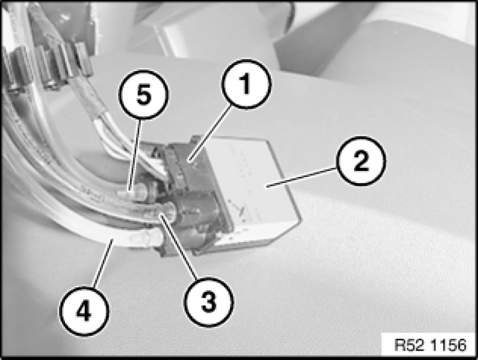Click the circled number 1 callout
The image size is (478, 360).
pyautogui.click(x=246, y=84)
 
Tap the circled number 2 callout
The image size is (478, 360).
pyautogui.click(x=361, y=161)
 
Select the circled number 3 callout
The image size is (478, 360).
pyautogui.click(x=209, y=302)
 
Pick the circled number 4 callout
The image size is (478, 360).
pyautogui.click(x=84, y=311)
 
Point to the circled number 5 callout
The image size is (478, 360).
pyautogui.click(x=143, y=95)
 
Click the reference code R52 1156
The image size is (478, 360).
pyautogui.click(x=430, y=345)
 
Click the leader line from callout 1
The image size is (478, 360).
pyautogui.click(x=210, y=133)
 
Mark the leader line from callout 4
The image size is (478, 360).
pyautogui.click(x=103, y=263)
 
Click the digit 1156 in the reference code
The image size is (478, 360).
pyautogui.click(x=449, y=345)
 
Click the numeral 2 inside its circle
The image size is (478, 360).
pyautogui.click(x=361, y=161)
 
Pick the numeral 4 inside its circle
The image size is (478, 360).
pyautogui.click(x=84, y=311)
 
